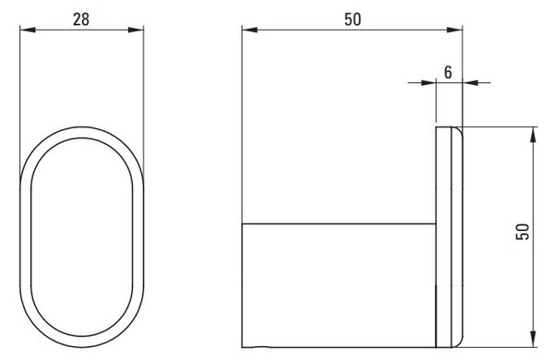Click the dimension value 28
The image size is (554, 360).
pyautogui.click(x=81, y=19)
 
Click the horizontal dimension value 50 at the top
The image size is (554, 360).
pyautogui.click(x=353, y=19)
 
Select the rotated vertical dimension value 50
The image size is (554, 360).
pyautogui.click(x=523, y=232)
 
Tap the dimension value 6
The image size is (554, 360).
pyautogui.click(x=448, y=72)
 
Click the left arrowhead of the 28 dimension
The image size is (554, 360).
pyautogui.click(x=28, y=30)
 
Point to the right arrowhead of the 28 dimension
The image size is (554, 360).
pyautogui.click(x=136, y=30)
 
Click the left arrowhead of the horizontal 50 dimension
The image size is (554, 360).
pyautogui.click(x=250, y=30)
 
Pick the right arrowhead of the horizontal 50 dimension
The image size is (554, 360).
pyautogui.click(x=454, y=30)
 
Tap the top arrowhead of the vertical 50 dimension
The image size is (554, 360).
pyautogui.click(x=533, y=135)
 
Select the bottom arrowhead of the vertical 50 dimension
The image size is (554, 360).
pyautogui.click(x=533, y=340)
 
